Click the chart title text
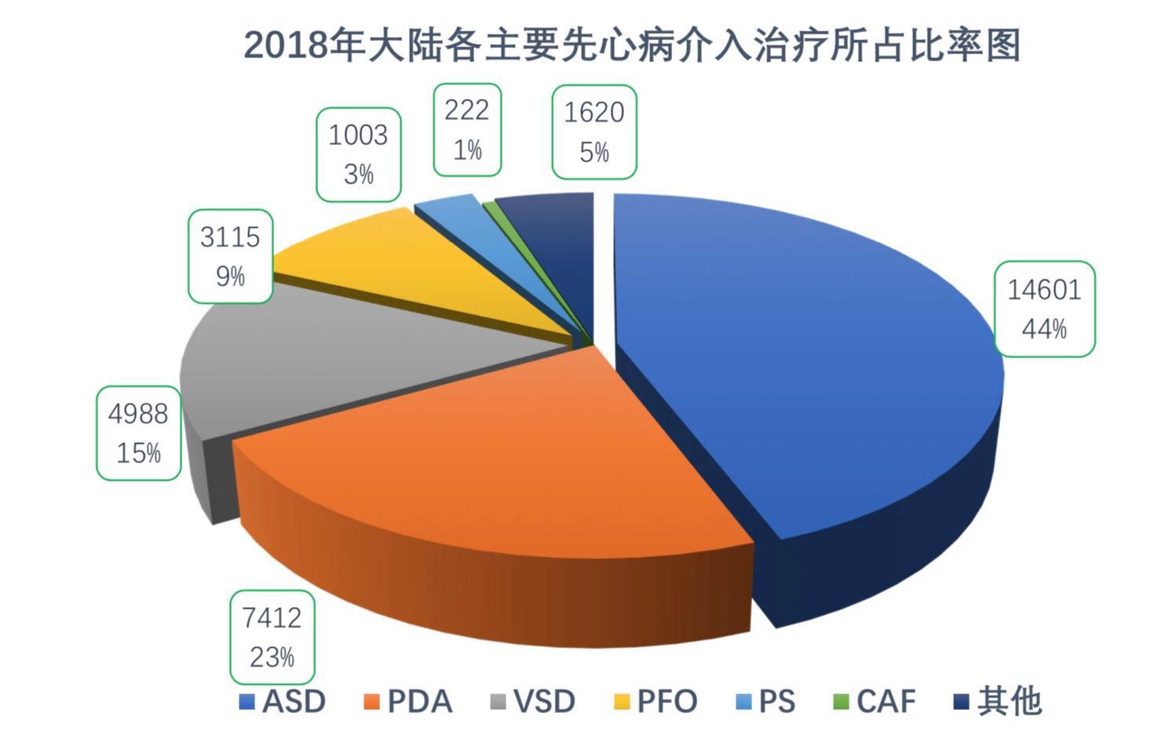point(632,45)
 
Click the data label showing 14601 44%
point(1044,309)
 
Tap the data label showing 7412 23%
point(272,637)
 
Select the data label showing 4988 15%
point(138,433)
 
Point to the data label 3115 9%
point(230,256)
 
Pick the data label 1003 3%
point(358,154)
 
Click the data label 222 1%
point(467,130)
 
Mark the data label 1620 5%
point(593,131)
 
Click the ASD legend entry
point(283,701)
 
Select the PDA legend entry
point(409,701)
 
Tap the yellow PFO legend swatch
point(622,701)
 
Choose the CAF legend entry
point(875,701)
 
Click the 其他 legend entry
point(997,701)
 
